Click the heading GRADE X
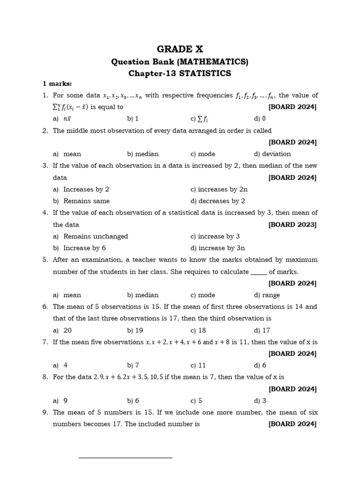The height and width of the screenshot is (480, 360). click(x=180, y=49)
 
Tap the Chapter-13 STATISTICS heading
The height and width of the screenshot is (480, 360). click(x=180, y=73)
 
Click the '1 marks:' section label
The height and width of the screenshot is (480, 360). click(x=57, y=83)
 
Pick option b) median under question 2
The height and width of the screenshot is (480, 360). click(x=142, y=154)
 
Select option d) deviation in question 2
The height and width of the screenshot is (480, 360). click(x=272, y=154)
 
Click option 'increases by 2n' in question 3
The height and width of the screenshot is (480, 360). click(x=219, y=189)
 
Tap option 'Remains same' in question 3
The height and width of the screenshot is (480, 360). click(x=86, y=201)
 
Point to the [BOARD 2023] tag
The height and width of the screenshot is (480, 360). click(x=292, y=225)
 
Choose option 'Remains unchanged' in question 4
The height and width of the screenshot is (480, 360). click(x=96, y=236)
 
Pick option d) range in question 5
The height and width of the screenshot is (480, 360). click(x=267, y=295)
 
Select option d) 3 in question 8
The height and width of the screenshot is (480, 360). click(x=260, y=400)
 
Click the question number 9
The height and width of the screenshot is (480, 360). click(x=45, y=412)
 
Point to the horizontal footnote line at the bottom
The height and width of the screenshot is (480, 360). click(x=125, y=457)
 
